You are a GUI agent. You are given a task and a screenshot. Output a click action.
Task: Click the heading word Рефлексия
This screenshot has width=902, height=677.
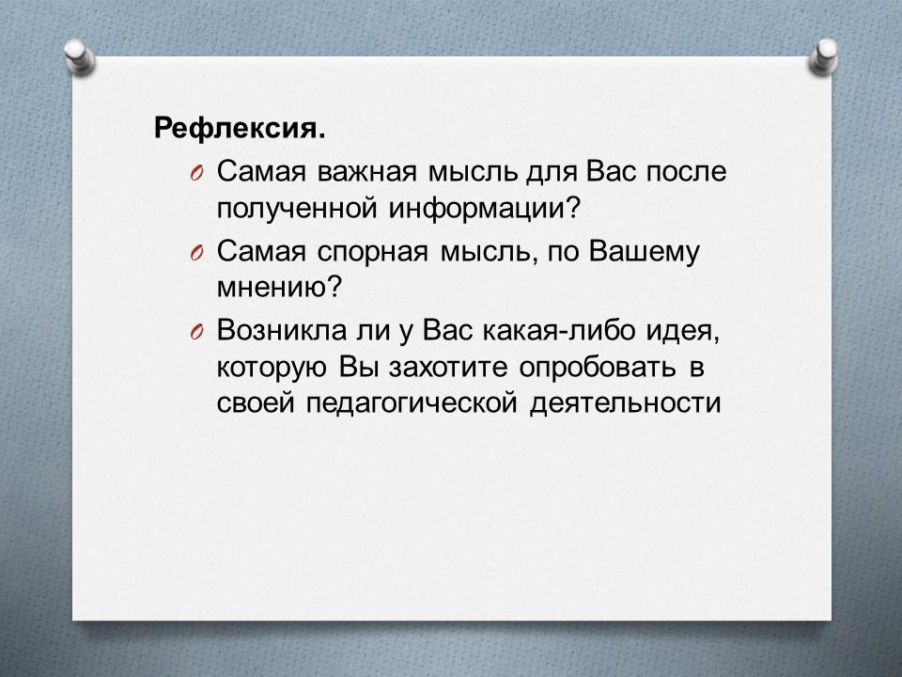[x=239, y=128]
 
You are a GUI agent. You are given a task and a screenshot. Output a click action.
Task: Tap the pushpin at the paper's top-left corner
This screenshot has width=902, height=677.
[x=79, y=57]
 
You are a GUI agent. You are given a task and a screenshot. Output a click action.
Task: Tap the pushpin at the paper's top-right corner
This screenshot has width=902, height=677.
[x=823, y=56]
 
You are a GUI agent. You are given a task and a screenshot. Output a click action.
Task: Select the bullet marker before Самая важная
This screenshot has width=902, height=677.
[x=195, y=174]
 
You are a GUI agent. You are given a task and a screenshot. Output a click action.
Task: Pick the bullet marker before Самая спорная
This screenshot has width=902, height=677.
[x=195, y=253]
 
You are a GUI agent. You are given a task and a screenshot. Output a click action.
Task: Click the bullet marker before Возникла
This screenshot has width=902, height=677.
[x=195, y=333]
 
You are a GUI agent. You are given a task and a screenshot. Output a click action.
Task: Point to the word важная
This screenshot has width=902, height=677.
[x=366, y=171]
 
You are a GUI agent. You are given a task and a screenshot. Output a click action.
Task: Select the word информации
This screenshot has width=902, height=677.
[x=483, y=208]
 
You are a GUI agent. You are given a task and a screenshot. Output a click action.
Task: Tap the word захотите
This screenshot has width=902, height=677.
[x=448, y=368]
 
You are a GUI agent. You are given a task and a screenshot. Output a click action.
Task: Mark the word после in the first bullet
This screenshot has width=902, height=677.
[x=686, y=171]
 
